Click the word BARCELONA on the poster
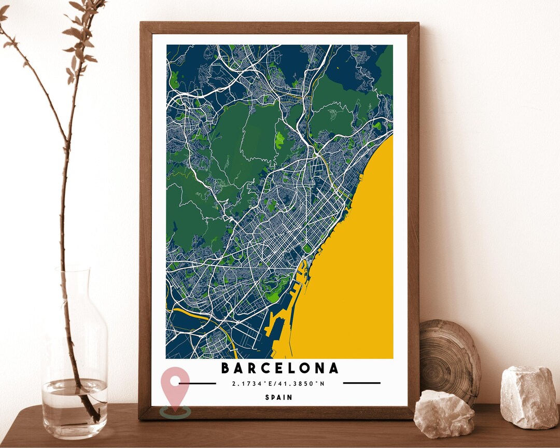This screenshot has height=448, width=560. tap(280, 368)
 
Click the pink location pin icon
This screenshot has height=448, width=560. tap(175, 386)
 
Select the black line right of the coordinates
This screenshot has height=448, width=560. tap(361, 383)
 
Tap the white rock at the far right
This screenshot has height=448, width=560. tap(529, 397)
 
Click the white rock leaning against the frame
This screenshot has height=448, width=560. tap(443, 413)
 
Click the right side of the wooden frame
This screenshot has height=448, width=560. tap(413, 218)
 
